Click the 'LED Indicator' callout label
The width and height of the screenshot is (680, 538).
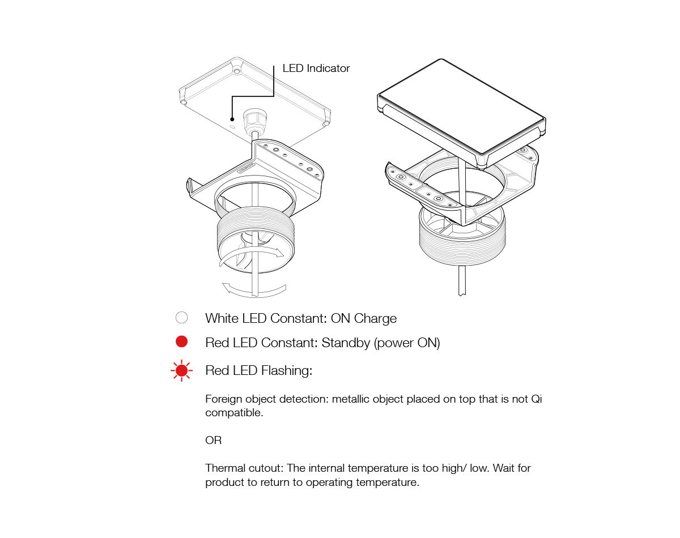[316, 68]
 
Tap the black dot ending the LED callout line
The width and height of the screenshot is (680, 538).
[232, 119]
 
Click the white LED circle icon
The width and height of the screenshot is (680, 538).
[181, 318]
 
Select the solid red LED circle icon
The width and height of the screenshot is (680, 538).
[181, 341]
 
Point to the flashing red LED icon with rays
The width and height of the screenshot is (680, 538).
[181, 370]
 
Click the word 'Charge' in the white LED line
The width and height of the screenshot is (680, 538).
[375, 318]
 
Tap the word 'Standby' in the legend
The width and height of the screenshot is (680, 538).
[346, 343]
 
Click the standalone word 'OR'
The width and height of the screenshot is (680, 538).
[213, 440]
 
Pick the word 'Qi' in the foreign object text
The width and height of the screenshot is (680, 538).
[536, 399]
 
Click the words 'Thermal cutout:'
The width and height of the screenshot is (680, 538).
[245, 468]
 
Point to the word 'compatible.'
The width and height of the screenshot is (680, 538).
[234, 413]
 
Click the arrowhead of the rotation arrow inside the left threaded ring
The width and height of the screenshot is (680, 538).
[279, 253]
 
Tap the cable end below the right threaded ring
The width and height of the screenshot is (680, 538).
[462, 294]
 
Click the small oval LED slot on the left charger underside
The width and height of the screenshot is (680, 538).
[232, 127]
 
